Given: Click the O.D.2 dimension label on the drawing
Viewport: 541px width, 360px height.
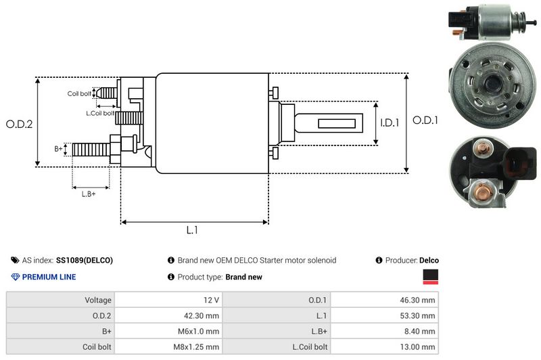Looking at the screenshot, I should (x=19, y=124).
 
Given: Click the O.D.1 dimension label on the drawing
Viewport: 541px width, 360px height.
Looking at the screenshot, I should (x=427, y=120).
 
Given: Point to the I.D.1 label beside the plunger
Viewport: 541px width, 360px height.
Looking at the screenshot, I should (x=390, y=123).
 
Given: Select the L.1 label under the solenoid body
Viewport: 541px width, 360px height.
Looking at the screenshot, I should (x=192, y=231).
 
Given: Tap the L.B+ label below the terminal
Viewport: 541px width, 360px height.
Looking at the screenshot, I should (x=88, y=194).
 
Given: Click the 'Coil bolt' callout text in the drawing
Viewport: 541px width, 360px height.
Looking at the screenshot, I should (x=79, y=93).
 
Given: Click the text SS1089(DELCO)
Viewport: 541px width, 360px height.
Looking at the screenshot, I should (x=85, y=261).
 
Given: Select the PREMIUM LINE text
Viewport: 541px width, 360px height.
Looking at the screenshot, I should (x=49, y=277).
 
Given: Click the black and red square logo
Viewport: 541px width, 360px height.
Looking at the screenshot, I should (x=430, y=276).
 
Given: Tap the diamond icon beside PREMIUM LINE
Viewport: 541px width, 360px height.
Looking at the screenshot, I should (x=15, y=277).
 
